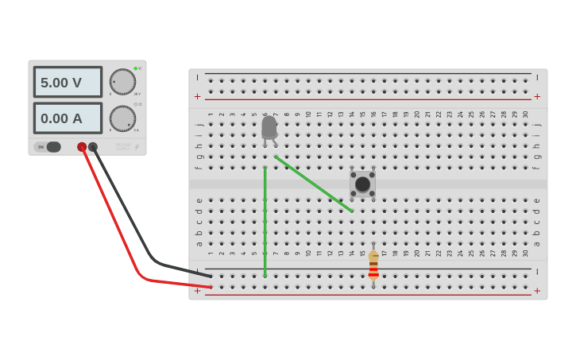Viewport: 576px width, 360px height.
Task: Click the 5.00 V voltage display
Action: point(68,82)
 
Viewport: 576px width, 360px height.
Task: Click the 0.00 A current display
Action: point(68,118)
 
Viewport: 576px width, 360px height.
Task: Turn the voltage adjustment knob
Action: point(122,81)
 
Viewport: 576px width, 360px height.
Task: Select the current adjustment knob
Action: point(122,118)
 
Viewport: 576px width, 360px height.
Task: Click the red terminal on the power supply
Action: point(82,147)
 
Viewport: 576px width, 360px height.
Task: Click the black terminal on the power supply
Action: point(93,147)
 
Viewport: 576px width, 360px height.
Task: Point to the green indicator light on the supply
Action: point(136,68)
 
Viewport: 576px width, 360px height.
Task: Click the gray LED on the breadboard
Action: point(269,128)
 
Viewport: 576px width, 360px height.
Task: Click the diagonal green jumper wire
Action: point(313,184)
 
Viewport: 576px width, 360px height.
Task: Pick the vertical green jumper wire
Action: point(265,223)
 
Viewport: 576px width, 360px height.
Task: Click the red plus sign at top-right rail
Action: point(537,96)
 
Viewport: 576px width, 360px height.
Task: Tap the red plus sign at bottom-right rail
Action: point(537,291)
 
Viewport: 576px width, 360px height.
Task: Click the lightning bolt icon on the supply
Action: point(137,147)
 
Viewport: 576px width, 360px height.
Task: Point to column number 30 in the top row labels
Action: point(525,114)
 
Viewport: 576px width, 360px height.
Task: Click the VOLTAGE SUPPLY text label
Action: point(122,146)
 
